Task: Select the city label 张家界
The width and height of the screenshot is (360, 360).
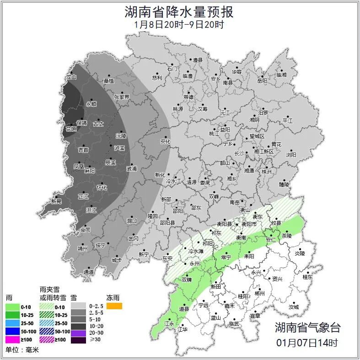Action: coord(122,97)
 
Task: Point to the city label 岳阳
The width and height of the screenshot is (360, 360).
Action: coord(262,81)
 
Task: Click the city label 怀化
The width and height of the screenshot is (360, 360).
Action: coord(102,188)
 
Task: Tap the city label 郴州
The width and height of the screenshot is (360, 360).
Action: coord(259,294)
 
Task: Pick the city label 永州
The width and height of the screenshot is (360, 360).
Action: coord(195,264)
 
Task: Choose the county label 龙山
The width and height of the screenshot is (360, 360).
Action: coord(71,77)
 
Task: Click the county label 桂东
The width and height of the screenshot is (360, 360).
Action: coord(308,277)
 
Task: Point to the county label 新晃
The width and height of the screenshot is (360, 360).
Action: coord(56,201)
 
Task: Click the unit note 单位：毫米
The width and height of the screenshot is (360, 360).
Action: coord(22,350)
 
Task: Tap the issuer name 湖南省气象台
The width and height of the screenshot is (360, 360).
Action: coord(307,327)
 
